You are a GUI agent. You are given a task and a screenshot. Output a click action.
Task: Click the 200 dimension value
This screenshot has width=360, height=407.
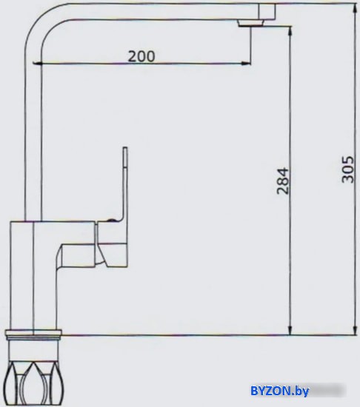[141, 56]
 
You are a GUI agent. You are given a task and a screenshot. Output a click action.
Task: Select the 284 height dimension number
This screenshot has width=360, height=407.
[283, 181]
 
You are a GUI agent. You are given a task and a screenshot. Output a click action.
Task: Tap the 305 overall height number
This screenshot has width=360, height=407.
[347, 169]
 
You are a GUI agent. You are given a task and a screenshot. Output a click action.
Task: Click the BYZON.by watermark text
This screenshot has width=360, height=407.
[279, 391]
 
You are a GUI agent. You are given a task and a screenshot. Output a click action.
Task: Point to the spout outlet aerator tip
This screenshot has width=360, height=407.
[250, 24]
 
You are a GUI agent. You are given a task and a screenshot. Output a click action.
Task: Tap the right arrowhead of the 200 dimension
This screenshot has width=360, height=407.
[246, 63]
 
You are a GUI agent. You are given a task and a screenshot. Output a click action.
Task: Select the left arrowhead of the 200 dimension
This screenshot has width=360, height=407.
[38, 63]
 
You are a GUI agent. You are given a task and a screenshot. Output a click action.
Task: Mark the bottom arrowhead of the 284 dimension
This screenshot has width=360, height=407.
[290, 329]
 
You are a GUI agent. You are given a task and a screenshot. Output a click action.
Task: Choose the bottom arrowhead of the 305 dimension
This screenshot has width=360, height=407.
[355, 329]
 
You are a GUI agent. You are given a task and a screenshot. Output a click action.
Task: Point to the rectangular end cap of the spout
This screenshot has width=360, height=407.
[267, 12]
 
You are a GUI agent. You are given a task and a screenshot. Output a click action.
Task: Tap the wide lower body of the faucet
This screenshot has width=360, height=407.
[33, 275]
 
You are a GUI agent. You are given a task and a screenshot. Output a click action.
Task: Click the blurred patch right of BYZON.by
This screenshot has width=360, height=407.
[328, 391]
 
